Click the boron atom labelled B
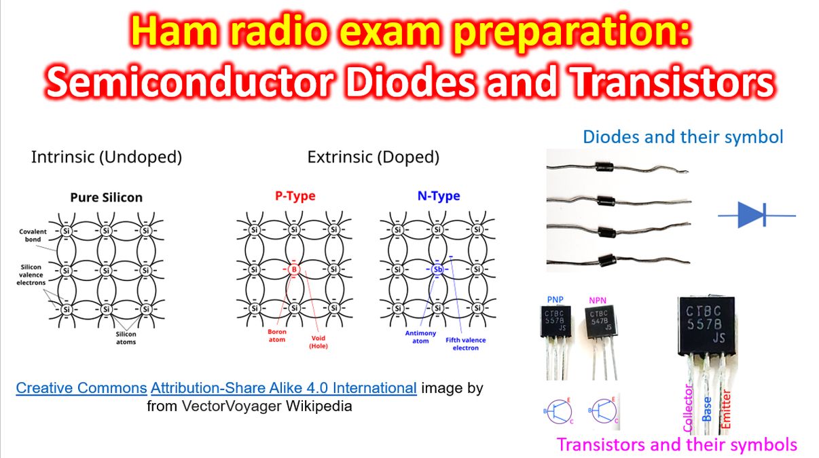pyautogui.click(x=294, y=269)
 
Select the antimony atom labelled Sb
pyautogui.click(x=437, y=269)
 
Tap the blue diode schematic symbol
pyautogui.click(x=757, y=215)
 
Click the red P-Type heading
pyautogui.click(x=295, y=196)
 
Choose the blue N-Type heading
pyautogui.click(x=439, y=196)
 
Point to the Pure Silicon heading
pyautogui.click(x=107, y=197)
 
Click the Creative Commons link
pyautogui.click(x=81, y=388)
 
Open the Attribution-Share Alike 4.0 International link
pyautogui.click(x=284, y=388)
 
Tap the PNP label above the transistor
pyautogui.click(x=555, y=300)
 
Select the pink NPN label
pyautogui.click(x=598, y=300)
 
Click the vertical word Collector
pyautogui.click(x=688, y=408)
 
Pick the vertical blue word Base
pyautogui.click(x=707, y=409)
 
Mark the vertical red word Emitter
pyautogui.click(x=725, y=409)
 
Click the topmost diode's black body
pyautogui.click(x=604, y=167)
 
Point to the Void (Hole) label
pyautogui.click(x=318, y=342)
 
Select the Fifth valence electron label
pyautogui.click(x=465, y=344)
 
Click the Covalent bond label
pyautogui.click(x=33, y=235)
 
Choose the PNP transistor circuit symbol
pyautogui.click(x=558, y=412)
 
